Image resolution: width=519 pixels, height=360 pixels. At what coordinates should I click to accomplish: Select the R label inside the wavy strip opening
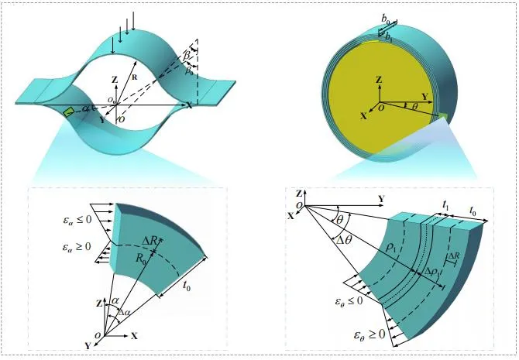134,78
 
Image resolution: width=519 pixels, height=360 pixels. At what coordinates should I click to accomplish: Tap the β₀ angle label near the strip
189,72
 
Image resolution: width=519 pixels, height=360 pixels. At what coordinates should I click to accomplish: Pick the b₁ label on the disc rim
388,36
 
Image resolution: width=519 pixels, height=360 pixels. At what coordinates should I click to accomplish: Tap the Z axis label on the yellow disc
378,80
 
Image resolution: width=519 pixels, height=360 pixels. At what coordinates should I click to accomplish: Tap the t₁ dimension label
447,205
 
